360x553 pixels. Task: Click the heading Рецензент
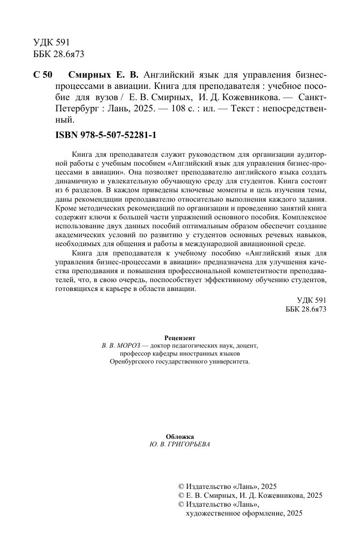(180, 337)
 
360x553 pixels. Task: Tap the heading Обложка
(180, 437)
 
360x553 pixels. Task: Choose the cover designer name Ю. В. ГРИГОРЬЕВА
(180, 444)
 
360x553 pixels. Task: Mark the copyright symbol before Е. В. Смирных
(182, 495)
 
